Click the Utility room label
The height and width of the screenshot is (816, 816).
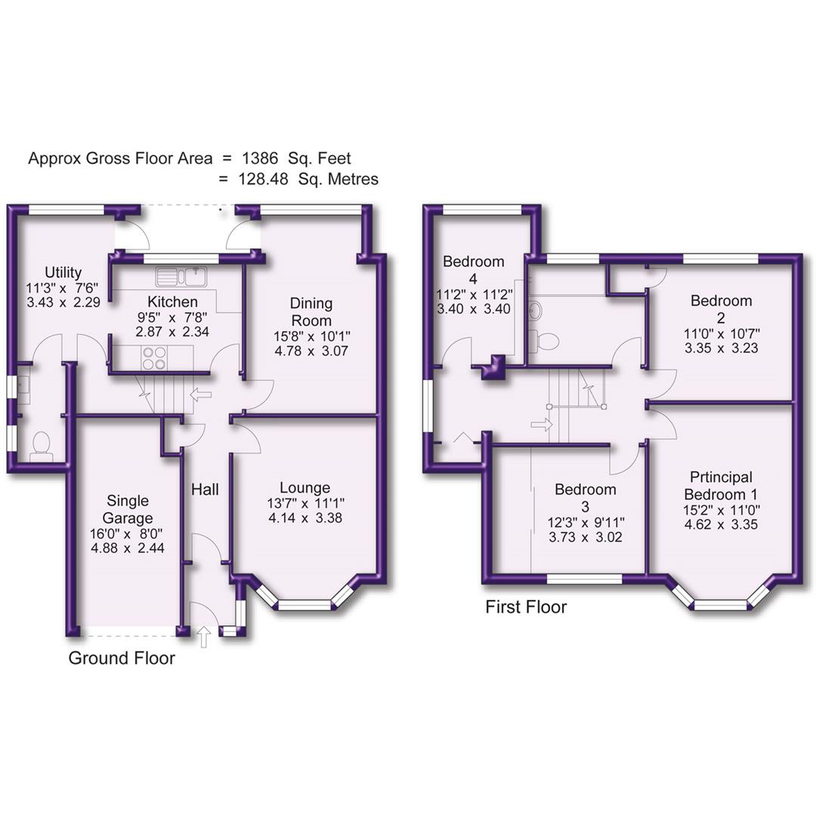tap(63, 273)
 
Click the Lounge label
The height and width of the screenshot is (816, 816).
tap(304, 487)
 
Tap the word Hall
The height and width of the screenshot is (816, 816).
tap(205, 490)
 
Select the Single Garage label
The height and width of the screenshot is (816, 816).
tap(128, 510)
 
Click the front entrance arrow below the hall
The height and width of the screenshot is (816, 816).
tap(204, 637)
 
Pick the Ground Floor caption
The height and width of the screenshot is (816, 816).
tap(122, 658)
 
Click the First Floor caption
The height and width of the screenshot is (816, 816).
tap(526, 607)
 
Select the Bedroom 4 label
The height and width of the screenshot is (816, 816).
tap(473, 270)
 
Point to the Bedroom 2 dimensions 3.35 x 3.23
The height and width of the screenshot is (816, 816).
tap(721, 348)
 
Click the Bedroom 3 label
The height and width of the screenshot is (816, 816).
tap(585, 497)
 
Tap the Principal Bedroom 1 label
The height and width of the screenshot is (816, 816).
tap(721, 485)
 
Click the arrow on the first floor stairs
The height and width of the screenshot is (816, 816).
tap(542, 425)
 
